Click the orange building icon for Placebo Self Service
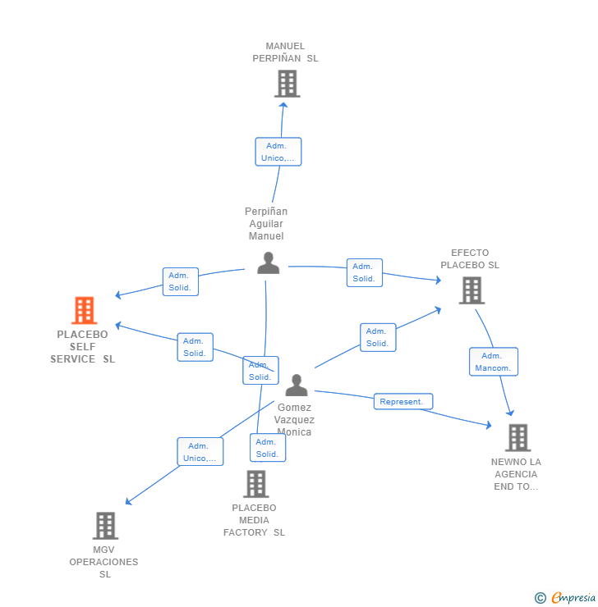point(84,311)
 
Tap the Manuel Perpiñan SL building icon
point(287,84)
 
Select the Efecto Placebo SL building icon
point(471,290)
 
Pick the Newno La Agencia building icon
point(517,438)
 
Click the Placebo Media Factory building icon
point(255,484)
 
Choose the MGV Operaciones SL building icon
point(105,526)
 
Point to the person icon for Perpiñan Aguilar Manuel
point(268,263)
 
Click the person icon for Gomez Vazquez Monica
point(296,386)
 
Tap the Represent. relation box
point(402,402)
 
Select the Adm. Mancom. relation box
point(493,362)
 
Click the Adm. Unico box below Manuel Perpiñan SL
point(278,152)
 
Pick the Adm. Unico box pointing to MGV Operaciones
point(200,452)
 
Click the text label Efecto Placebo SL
point(470,259)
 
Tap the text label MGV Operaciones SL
point(104,562)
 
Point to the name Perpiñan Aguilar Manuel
point(266,224)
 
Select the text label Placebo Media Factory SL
point(255,520)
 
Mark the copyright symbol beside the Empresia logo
point(540,598)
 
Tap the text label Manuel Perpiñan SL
point(285,52)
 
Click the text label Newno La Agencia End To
point(516,474)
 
